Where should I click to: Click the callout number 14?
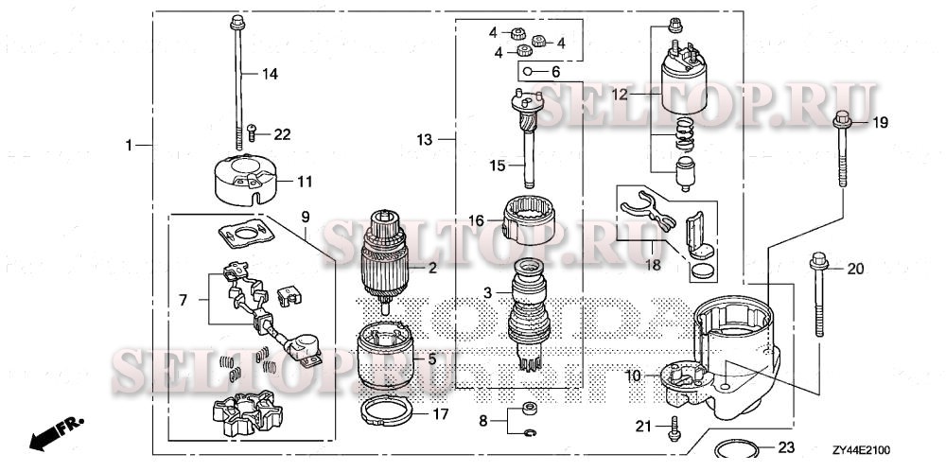(270, 73)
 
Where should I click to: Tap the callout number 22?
(282, 134)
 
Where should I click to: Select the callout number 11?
(304, 181)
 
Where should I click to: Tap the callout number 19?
(881, 122)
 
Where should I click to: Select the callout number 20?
(854, 269)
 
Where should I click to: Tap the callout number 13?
(425, 140)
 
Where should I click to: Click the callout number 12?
(619, 95)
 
